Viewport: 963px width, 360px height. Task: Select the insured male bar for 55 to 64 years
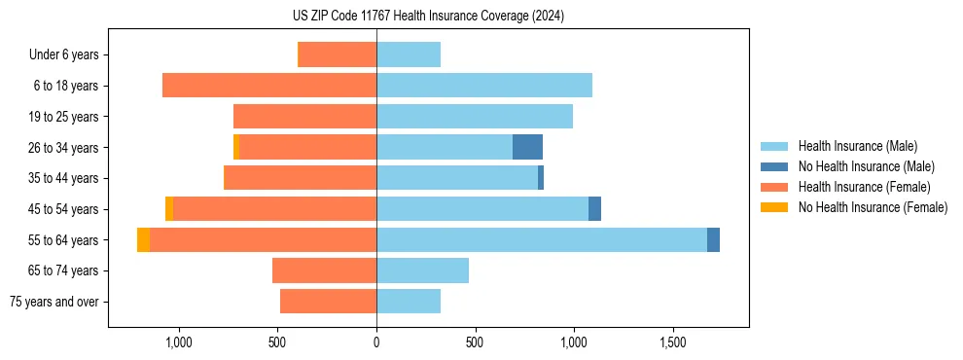pyautogui.click(x=541, y=239)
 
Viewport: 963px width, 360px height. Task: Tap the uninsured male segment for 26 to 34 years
pyautogui.click(x=527, y=147)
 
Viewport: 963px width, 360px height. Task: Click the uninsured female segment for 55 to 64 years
pyautogui.click(x=143, y=239)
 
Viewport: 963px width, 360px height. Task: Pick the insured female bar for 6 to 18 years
pyautogui.click(x=269, y=86)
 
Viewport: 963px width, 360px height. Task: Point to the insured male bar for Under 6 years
pyautogui.click(x=409, y=54)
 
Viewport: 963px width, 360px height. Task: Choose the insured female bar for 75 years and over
pyautogui.click(x=328, y=302)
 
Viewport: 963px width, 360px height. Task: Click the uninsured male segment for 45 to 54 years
pyautogui.click(x=594, y=209)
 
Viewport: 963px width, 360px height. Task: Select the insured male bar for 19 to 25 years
pyautogui.click(x=475, y=117)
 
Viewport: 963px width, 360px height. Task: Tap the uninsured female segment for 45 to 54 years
pyautogui.click(x=169, y=209)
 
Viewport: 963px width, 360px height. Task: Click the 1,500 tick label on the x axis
pyautogui.click(x=673, y=343)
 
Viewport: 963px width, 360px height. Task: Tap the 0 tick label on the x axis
pyautogui.click(x=376, y=343)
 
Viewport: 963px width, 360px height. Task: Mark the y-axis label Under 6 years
pyautogui.click(x=63, y=54)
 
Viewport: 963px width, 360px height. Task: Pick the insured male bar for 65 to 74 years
pyautogui.click(x=422, y=270)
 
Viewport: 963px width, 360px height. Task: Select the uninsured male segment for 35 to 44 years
pyautogui.click(x=541, y=178)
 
